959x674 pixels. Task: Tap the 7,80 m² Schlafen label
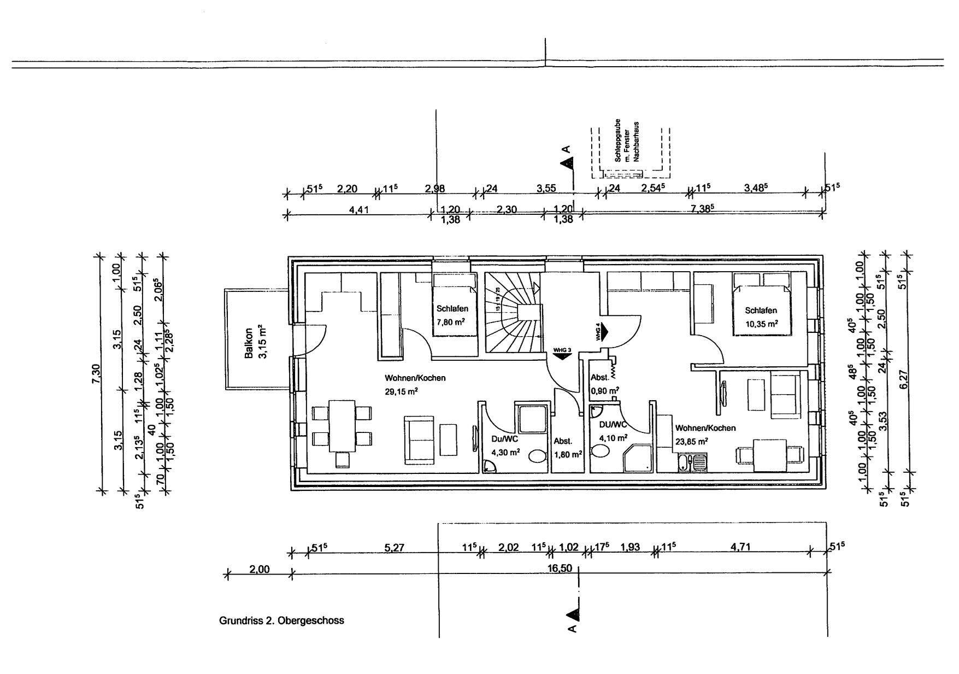coord(452,315)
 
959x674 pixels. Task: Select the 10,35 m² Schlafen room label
coord(761,317)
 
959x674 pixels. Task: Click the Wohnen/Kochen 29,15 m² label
coord(415,384)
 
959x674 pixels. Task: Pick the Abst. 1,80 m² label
coord(566,447)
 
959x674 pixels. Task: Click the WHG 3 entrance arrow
coord(562,354)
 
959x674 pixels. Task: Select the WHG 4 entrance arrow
coord(603,332)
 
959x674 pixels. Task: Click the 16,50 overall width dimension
coord(560,568)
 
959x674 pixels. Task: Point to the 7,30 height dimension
coord(96,373)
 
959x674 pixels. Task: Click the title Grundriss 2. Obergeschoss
coord(281,620)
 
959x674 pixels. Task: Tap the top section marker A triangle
coord(568,162)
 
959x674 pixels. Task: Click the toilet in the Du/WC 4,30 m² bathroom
coord(538,458)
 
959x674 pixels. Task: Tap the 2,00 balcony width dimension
coord(260,569)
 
